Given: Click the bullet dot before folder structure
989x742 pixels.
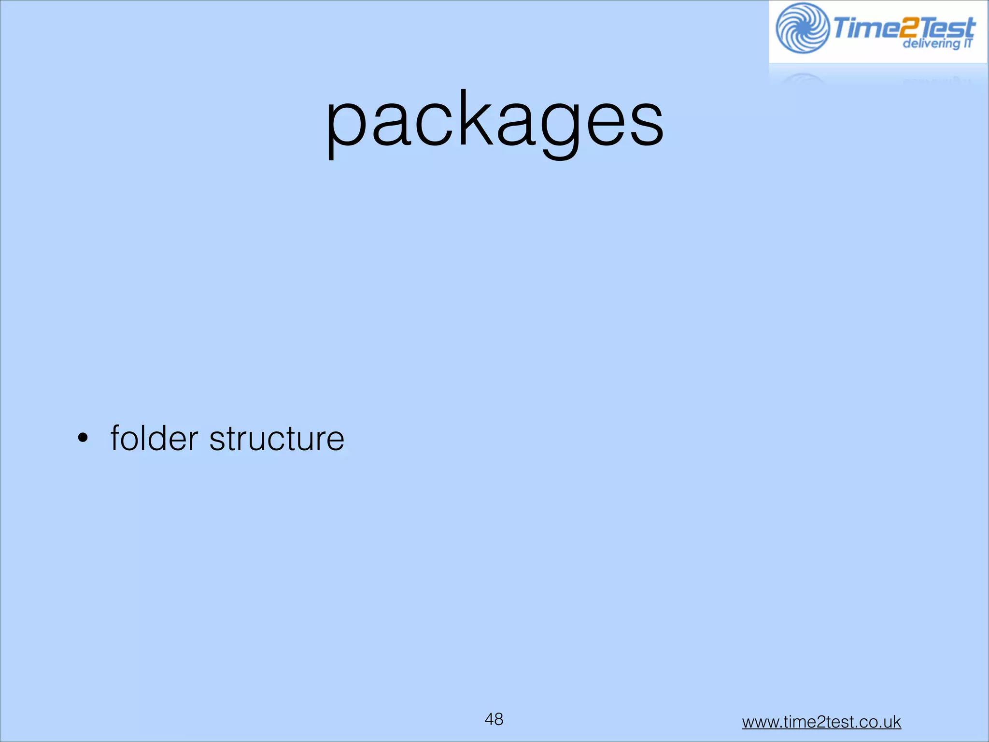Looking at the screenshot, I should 83,439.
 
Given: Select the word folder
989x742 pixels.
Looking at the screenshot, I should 154,438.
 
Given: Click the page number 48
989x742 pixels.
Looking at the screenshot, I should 494,719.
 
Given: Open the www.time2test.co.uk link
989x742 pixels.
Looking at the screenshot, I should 821,722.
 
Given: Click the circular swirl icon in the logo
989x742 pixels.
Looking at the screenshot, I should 803,28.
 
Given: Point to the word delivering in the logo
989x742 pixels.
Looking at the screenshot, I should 930,44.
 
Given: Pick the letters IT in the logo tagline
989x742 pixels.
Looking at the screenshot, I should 967,43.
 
